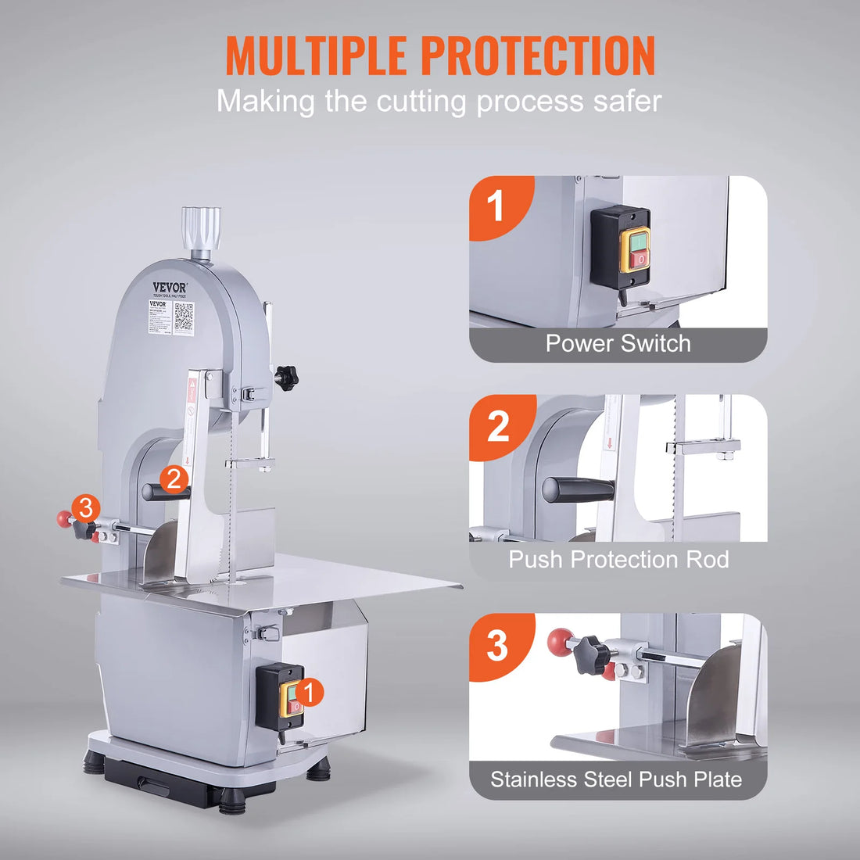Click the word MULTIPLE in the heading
coord(317,56)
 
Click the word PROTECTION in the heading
coord(538,56)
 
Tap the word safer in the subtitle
coord(625,102)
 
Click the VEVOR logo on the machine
coord(169,287)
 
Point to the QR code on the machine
coord(185,316)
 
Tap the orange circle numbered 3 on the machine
coord(85,508)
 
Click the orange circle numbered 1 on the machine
coord(310,692)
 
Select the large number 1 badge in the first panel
coord(496,207)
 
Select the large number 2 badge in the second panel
coord(498,427)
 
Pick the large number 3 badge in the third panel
coord(498,646)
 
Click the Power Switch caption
coord(618,344)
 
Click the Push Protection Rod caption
coord(618,560)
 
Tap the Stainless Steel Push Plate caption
coord(616,779)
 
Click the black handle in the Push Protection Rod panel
coord(579,489)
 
